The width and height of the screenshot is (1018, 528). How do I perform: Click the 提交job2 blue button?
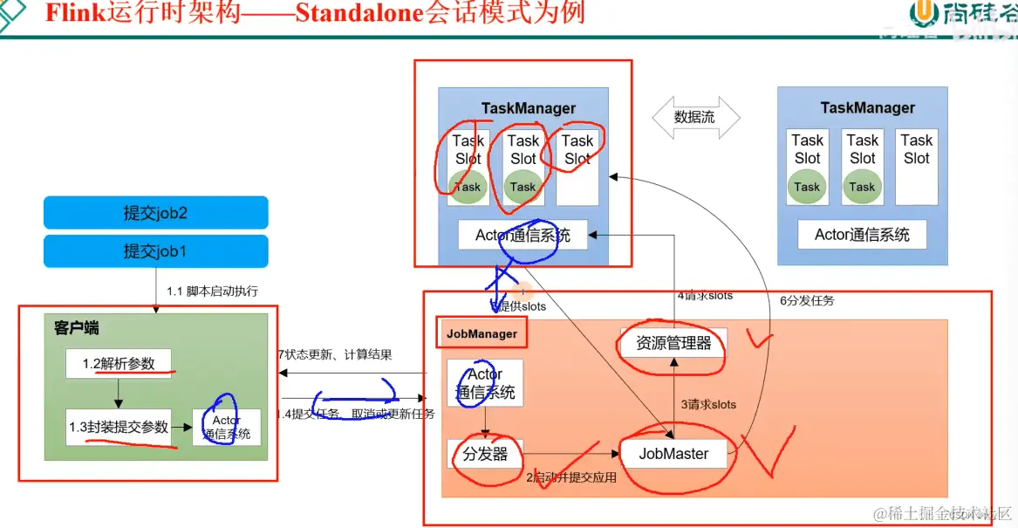[155, 212]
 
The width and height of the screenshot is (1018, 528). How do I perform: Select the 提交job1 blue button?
[155, 251]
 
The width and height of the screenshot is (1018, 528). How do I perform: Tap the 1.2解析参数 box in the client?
[119, 364]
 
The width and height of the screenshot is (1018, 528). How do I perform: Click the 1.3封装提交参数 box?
[119, 427]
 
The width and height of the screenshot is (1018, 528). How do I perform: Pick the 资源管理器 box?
[673, 343]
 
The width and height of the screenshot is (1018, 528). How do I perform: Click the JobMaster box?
[673, 453]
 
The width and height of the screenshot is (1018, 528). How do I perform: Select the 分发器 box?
[485, 454]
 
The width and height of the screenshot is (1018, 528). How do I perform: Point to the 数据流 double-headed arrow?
[695, 117]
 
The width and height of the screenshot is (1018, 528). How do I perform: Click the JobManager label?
[482, 333]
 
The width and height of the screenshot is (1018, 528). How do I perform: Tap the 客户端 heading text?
[76, 328]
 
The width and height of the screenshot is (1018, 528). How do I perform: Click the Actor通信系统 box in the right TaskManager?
[862, 234]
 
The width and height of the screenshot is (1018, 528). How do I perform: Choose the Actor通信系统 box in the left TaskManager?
[523, 235]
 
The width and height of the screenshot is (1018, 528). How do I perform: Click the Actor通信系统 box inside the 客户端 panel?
[227, 427]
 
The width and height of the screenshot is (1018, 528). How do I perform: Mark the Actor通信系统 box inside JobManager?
[485, 383]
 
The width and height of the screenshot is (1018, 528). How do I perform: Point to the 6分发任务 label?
[806, 300]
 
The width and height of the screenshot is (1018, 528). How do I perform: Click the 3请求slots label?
[707, 404]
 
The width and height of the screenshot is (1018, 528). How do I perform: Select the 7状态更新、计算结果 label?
[335, 354]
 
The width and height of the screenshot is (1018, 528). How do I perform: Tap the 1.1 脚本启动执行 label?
[212, 291]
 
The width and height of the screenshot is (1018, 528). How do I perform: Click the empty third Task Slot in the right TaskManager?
[916, 167]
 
